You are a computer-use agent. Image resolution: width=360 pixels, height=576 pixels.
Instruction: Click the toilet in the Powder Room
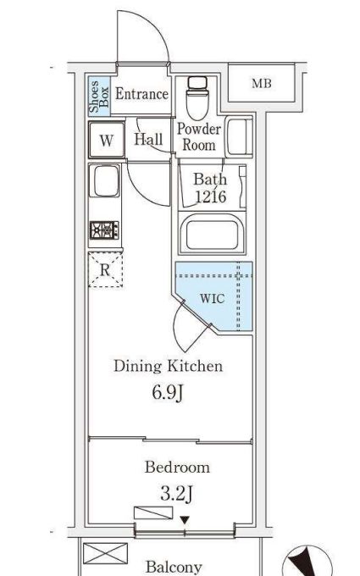tap(197, 97)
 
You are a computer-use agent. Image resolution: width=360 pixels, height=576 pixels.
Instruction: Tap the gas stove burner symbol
tap(105, 230)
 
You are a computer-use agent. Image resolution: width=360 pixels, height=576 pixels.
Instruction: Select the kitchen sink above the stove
tap(105, 180)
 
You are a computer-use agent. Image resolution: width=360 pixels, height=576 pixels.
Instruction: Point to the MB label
tap(262, 83)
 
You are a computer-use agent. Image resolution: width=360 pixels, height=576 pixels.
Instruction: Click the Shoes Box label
tap(99, 97)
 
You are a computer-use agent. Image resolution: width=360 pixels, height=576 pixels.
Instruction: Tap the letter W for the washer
tap(107, 140)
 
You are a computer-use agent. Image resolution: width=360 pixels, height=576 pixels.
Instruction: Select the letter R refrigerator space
tap(105, 270)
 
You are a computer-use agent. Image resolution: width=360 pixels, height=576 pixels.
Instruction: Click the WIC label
tap(212, 298)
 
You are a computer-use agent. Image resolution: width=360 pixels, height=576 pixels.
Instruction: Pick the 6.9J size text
tap(168, 393)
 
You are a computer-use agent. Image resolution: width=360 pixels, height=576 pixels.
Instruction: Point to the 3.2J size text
tap(177, 493)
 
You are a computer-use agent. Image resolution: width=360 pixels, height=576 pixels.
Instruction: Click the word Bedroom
tap(177, 468)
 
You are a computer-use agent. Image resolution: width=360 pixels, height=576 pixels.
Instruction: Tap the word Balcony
tap(174, 567)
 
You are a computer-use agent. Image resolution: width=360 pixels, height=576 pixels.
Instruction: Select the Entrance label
tap(141, 94)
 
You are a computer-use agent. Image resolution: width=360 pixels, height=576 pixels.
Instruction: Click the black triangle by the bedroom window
tap(185, 520)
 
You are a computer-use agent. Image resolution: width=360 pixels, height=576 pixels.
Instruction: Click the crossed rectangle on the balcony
tap(105, 554)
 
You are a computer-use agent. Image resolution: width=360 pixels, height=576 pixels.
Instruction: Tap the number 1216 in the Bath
tap(210, 197)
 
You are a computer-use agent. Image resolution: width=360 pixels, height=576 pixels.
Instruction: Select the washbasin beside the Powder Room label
tap(239, 136)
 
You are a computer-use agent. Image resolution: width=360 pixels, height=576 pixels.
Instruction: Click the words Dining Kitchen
tap(169, 366)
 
